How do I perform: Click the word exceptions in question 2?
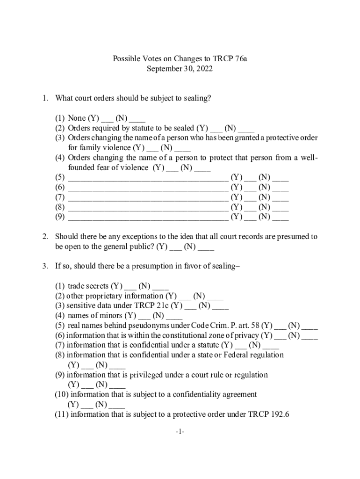pos(161,237)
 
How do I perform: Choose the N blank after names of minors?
pos(174,316)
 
